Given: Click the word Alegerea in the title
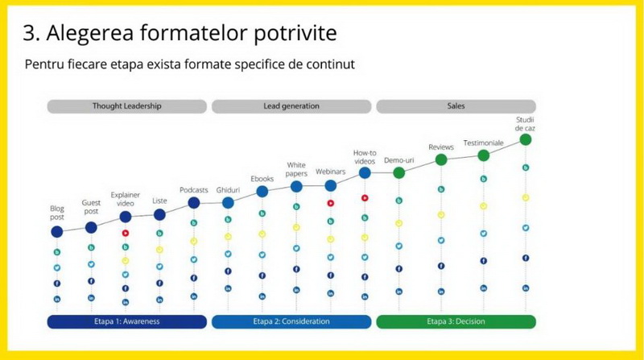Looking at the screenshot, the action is [90, 34].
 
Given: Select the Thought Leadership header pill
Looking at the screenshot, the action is [127, 106].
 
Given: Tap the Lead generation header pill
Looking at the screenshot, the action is [291, 106].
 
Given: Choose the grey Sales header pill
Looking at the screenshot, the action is [456, 106].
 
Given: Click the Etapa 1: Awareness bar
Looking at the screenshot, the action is [127, 321].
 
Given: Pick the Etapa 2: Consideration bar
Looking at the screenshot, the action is [291, 321].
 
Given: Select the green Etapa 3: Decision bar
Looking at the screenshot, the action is [456, 321].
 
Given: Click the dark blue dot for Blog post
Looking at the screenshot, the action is [57, 232].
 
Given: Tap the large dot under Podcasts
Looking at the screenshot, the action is [194, 203].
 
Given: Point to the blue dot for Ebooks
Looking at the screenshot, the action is [262, 191].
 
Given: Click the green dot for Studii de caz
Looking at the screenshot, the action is [526, 139].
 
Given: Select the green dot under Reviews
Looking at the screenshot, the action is [441, 159].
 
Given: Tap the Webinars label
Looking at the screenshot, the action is [330, 172].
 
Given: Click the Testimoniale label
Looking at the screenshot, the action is [484, 143].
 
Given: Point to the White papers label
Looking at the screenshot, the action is [296, 169].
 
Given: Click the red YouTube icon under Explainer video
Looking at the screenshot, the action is [126, 233].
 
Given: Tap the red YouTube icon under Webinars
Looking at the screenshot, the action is [331, 203].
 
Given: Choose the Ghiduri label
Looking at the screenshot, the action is [228, 190].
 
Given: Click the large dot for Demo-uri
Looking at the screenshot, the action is [398, 172].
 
